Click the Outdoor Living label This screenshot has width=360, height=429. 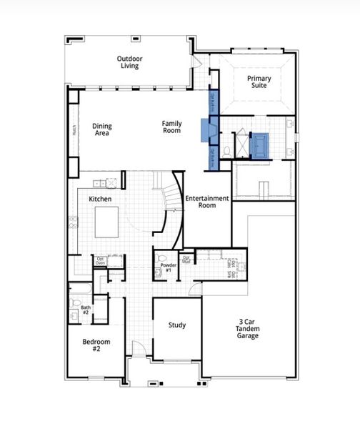[129, 62]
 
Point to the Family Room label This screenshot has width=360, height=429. [171, 127]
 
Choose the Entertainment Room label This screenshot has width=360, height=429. [207, 202]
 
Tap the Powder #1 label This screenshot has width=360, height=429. [169, 267]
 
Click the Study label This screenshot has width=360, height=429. [177, 325]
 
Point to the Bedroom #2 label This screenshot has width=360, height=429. [96, 345]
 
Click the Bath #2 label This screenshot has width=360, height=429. [85, 310]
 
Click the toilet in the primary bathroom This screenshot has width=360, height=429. [226, 150]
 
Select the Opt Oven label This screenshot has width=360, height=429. [101, 260]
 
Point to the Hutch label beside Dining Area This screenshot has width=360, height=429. [74, 130]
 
